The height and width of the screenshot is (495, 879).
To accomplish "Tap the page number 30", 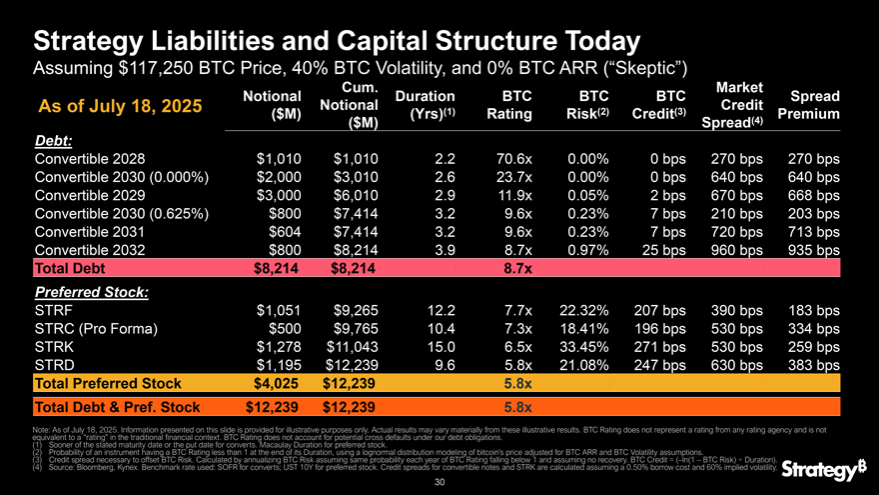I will click(439, 482).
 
